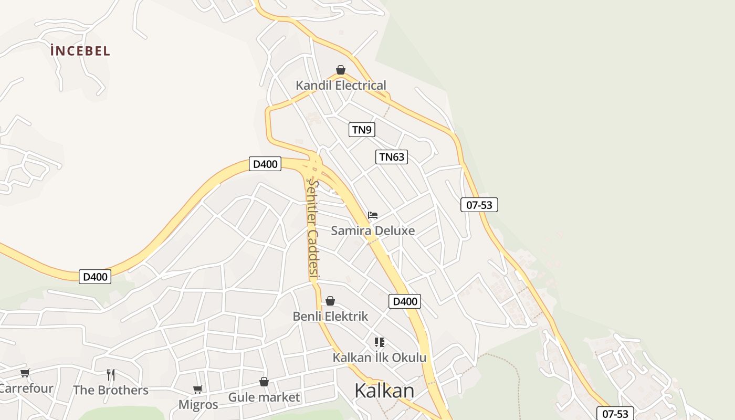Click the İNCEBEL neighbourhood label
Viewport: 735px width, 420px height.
[80, 51]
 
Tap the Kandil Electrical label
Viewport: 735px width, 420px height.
[341, 85]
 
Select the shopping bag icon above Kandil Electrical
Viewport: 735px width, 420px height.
[341, 70]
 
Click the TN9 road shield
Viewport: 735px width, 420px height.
[362, 130]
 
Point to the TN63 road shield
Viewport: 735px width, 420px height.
[392, 156]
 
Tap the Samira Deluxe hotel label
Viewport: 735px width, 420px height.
[373, 230]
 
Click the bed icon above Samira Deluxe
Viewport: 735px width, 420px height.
[373, 215]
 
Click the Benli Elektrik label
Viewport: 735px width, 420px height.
[330, 317]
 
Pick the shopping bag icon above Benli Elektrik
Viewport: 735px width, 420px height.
[330, 301]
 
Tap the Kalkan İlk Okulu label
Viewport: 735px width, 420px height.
[380, 358]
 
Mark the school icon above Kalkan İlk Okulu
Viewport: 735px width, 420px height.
[380, 342]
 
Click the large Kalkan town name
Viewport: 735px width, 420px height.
[384, 391]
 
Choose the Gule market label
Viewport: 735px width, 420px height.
[264, 397]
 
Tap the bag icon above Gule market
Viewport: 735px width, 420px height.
[264, 382]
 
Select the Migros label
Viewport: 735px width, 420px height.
[198, 405]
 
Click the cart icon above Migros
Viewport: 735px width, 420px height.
[198, 389]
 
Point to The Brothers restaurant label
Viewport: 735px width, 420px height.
[111, 390]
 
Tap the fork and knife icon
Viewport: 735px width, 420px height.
[111, 374]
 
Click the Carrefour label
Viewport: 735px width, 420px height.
[26, 388]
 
